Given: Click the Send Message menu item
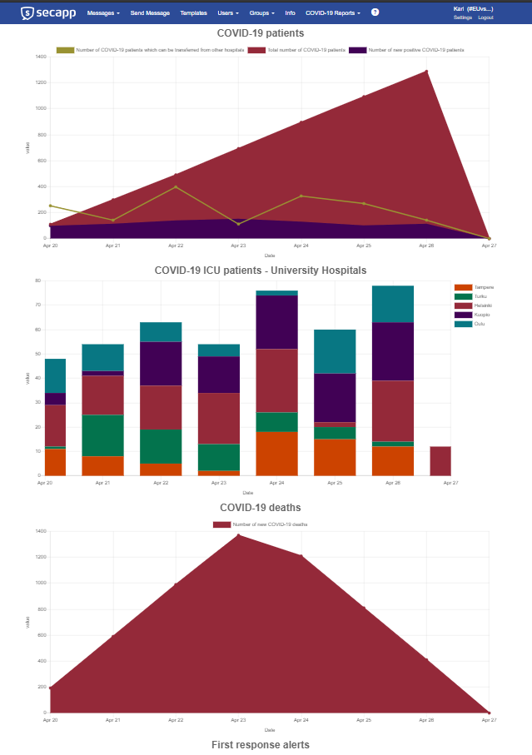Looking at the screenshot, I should (x=150, y=13).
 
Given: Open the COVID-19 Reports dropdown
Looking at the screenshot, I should (x=332, y=13).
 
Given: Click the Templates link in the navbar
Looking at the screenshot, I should (x=193, y=13).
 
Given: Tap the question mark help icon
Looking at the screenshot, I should (x=375, y=12).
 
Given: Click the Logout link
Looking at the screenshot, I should (x=485, y=17).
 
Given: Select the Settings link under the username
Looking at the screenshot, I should (x=463, y=17).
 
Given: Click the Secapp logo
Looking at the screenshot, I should (x=48, y=12).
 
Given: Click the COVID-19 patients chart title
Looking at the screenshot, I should (x=260, y=33).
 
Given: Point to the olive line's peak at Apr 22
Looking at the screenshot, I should (x=176, y=186).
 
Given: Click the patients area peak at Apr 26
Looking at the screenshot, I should (x=426, y=72).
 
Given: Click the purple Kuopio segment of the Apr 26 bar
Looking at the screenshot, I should (x=392, y=351).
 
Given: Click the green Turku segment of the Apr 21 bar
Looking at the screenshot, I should (x=102, y=435).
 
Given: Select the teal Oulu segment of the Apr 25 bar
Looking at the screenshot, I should (x=334, y=351).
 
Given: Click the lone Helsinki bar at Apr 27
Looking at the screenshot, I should (x=440, y=460).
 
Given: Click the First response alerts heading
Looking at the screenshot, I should (x=260, y=744).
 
